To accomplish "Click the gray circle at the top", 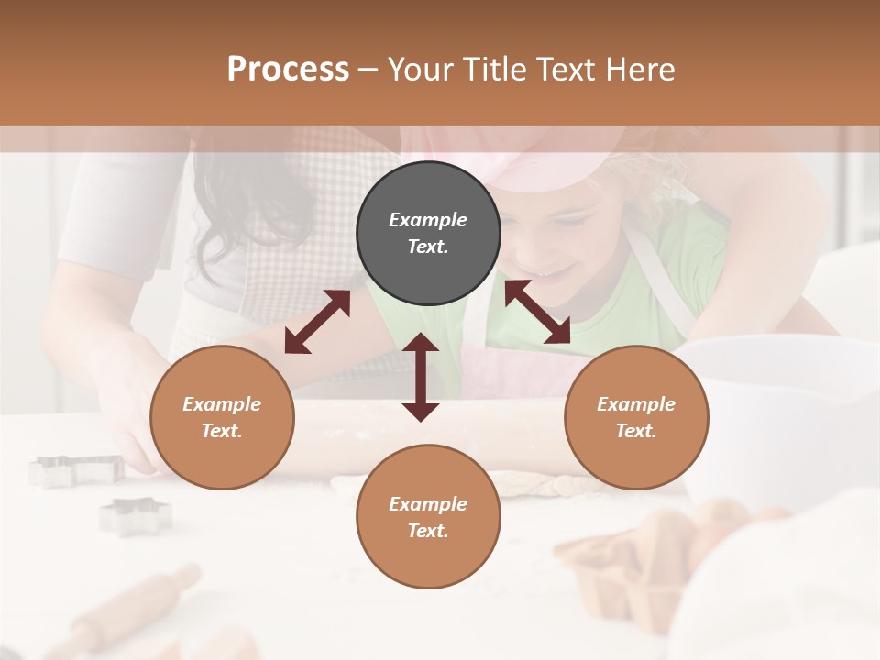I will click(x=428, y=234).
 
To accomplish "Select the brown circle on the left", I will click(x=222, y=418).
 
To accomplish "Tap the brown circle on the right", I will click(x=636, y=418).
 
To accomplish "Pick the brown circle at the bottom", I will click(x=428, y=517).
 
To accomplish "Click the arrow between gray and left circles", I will click(x=317, y=322).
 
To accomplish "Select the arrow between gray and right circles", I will click(x=537, y=313).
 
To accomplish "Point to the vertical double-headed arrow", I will click(x=421, y=377).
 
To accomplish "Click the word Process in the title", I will click(x=288, y=69).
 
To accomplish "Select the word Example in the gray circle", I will click(x=428, y=220).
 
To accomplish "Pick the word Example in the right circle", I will click(x=636, y=404).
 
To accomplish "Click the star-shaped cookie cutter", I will click(x=136, y=515).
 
